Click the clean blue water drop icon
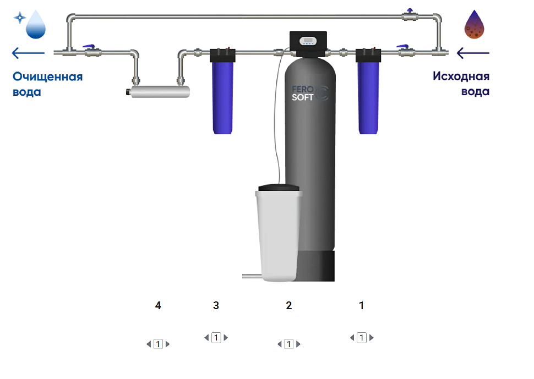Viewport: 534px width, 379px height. click(x=36, y=25)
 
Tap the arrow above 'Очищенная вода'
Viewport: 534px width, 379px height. click(x=28, y=53)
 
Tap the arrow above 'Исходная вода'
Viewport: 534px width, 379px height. click(x=473, y=53)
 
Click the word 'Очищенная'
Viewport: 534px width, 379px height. click(x=48, y=77)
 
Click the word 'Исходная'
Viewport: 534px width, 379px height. click(x=461, y=76)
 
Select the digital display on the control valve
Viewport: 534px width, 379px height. click(x=308, y=41)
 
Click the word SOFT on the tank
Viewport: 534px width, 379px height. click(x=302, y=97)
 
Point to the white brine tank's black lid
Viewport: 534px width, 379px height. click(x=279, y=188)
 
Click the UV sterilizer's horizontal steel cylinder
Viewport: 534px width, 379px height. click(x=160, y=92)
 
